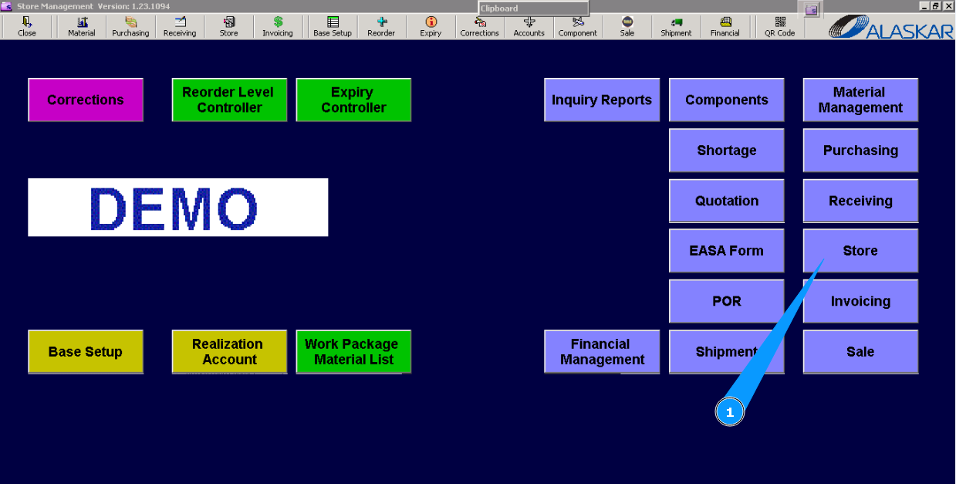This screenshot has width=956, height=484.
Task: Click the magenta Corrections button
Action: point(86,100)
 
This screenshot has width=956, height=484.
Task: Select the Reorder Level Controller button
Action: point(229,100)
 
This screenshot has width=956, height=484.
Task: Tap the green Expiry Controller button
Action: point(353,100)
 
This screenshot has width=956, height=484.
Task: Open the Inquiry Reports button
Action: point(602,100)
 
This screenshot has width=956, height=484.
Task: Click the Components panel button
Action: point(726,100)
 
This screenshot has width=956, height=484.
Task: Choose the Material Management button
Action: point(860,100)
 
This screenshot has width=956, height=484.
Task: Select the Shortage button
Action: point(726,151)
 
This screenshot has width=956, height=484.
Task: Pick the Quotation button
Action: point(726,201)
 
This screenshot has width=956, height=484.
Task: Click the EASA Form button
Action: point(726,251)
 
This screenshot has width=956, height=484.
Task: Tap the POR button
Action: point(726,301)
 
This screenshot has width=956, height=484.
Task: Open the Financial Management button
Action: point(602,352)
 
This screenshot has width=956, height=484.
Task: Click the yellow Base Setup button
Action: point(86,352)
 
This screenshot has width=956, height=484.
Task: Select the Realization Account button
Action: point(229,352)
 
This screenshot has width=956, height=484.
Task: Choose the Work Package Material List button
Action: point(353,352)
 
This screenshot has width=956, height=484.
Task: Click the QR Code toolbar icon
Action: point(779,26)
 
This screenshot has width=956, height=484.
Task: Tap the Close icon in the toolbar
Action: point(27,26)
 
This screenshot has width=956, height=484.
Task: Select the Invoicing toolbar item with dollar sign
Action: point(278,26)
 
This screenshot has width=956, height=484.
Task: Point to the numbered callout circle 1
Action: point(729,413)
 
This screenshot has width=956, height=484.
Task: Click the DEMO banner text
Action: point(177,208)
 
